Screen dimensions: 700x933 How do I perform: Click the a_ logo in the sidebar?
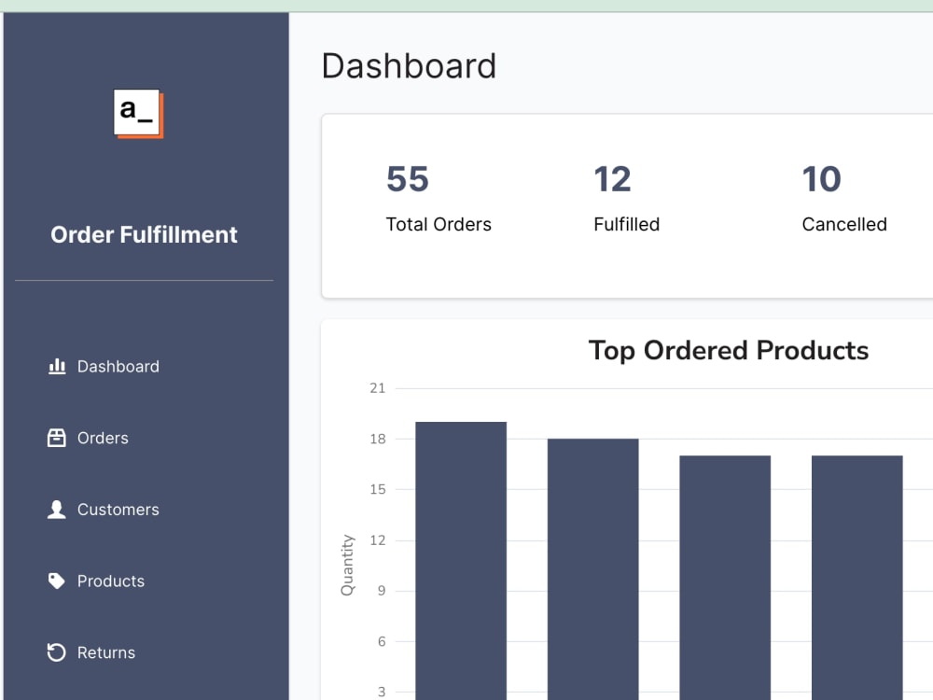click(x=138, y=113)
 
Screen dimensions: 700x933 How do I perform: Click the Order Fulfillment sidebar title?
click(x=144, y=234)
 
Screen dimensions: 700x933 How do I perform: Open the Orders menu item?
click(x=103, y=438)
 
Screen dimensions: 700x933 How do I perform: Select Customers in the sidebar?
click(x=118, y=510)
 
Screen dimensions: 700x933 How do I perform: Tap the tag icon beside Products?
click(x=57, y=581)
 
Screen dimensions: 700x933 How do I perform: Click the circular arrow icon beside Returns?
click(x=57, y=652)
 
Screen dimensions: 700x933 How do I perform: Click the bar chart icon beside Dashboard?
click(x=57, y=366)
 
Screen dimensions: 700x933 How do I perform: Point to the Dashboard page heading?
click(x=409, y=66)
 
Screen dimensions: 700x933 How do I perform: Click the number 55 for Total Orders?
click(x=407, y=179)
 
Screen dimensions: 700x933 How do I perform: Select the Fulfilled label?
click(x=626, y=224)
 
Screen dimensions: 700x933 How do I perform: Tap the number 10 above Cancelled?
click(x=821, y=179)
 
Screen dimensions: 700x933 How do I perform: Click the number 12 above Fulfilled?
click(x=612, y=179)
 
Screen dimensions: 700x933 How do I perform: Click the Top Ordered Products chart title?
click(x=728, y=350)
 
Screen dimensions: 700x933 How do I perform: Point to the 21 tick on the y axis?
click(x=377, y=388)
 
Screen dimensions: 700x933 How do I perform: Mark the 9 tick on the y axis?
click(x=381, y=591)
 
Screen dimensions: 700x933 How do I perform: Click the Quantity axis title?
click(x=348, y=565)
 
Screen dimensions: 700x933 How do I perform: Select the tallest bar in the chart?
click(x=461, y=560)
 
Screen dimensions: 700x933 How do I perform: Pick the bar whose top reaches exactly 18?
click(x=592, y=569)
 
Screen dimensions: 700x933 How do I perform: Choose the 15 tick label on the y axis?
click(x=377, y=489)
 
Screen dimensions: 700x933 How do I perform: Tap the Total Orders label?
click(x=439, y=224)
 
